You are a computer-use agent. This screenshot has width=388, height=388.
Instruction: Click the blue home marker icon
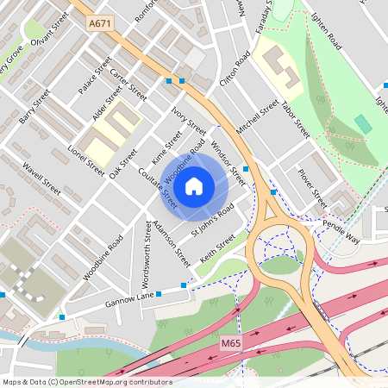(194, 185)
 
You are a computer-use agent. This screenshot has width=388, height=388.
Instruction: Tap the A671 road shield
(100, 27)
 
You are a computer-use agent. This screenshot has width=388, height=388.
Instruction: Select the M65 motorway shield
(230, 343)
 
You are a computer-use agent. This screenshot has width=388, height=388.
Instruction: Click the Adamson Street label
(172, 241)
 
